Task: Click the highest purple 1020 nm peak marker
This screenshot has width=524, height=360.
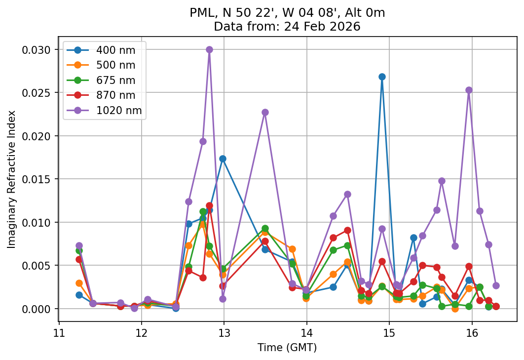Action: (x=209, y=49)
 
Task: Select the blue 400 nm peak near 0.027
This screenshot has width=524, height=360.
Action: (x=382, y=77)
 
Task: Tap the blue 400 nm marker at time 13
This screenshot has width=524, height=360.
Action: (x=223, y=159)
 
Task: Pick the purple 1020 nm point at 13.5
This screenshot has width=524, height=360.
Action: (x=265, y=112)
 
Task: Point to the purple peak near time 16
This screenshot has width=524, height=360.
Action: (x=469, y=90)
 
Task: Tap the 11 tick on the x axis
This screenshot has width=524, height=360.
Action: (x=59, y=331)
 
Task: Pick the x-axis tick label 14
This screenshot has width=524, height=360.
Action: (x=306, y=331)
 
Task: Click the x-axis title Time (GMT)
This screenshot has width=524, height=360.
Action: (x=287, y=348)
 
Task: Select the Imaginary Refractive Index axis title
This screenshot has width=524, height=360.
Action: (x=11, y=179)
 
